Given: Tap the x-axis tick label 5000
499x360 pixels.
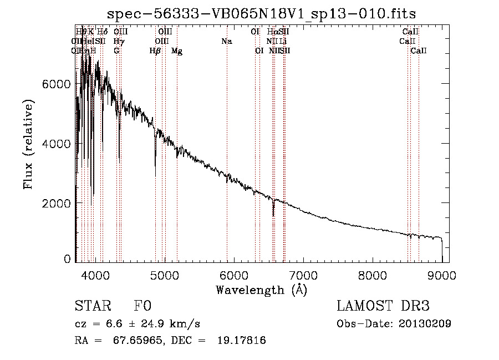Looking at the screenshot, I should [164, 275].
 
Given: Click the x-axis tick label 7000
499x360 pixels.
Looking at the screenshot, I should [303, 275].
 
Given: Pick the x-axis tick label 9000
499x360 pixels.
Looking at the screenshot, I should [442, 275].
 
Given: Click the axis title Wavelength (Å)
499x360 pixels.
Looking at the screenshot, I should [261, 290].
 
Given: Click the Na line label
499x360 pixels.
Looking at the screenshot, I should [226, 41].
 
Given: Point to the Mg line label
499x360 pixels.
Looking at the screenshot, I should [177, 51].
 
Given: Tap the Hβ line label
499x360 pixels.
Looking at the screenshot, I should [155, 51].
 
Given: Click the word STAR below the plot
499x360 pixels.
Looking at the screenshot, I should [90, 307].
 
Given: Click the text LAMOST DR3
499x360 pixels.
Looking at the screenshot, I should [383, 307].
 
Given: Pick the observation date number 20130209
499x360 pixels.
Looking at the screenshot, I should [425, 323].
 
